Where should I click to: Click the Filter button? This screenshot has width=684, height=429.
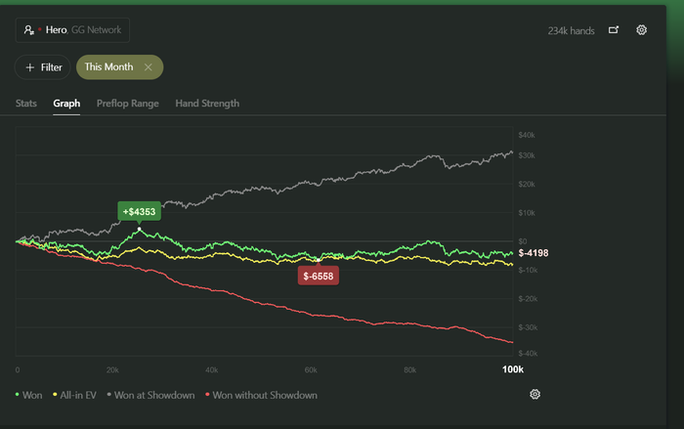pyautogui.click(x=43, y=67)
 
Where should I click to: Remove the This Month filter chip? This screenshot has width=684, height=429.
pyautogui.click(x=148, y=67)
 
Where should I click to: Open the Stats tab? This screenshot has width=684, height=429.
pyautogui.click(x=27, y=103)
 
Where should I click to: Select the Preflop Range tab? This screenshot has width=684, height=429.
pyautogui.click(x=129, y=103)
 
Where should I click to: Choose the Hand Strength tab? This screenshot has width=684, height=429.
pyautogui.click(x=207, y=103)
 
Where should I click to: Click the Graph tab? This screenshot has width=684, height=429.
pyautogui.click(x=66, y=103)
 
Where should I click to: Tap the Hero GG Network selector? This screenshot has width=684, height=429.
pyautogui.click(x=72, y=30)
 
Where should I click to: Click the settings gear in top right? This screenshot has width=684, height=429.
pyautogui.click(x=641, y=30)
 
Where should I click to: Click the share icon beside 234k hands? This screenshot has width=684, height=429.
pyautogui.click(x=614, y=30)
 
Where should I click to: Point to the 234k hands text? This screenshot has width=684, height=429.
pyautogui.click(x=571, y=30)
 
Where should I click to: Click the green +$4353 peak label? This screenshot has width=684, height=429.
pyautogui.click(x=140, y=211)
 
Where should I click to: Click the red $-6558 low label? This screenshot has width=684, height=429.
pyautogui.click(x=319, y=277)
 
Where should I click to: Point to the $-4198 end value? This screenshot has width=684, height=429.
pyautogui.click(x=534, y=253)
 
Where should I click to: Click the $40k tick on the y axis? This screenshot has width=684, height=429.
pyautogui.click(x=527, y=134)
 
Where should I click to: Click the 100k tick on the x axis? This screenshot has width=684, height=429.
pyautogui.click(x=512, y=370)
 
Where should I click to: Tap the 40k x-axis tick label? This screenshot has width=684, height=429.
pyautogui.click(x=211, y=370)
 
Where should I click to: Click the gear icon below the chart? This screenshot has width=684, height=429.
pyautogui.click(x=534, y=394)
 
